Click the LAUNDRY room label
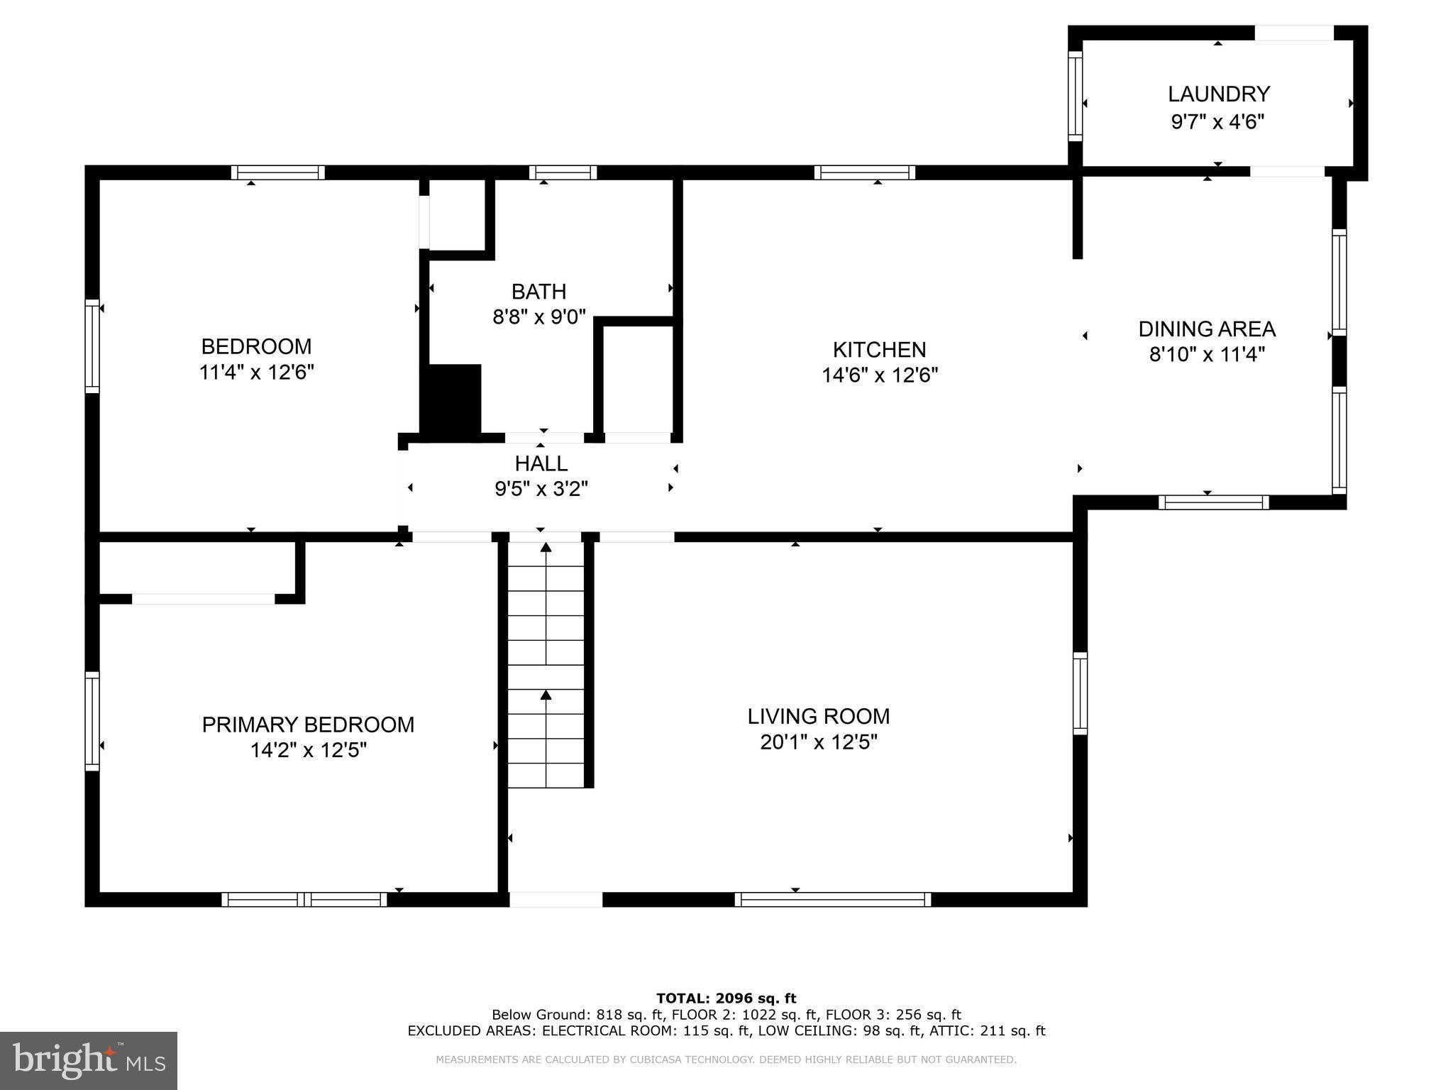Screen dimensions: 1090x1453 1218,94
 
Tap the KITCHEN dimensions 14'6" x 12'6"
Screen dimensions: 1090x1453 879,375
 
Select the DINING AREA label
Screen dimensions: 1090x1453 1206,329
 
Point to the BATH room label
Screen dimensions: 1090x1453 538,292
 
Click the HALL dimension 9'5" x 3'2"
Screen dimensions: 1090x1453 541,489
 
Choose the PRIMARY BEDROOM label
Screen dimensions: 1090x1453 308,725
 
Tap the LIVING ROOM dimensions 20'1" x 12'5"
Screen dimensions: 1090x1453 818,742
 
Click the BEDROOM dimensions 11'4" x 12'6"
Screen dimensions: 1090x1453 256,373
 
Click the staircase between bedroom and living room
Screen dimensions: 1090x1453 546,664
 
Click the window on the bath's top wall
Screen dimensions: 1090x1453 563,172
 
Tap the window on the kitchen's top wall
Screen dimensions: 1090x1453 864,172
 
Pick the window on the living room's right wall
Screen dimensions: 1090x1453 1080,693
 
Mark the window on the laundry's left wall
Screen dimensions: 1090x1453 1076,96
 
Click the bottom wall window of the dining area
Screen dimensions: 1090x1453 1213,502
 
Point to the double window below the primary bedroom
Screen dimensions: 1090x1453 304,900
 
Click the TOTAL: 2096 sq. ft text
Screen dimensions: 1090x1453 726,998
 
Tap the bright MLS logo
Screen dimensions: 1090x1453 89,1061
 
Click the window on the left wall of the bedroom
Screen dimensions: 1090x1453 92,346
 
